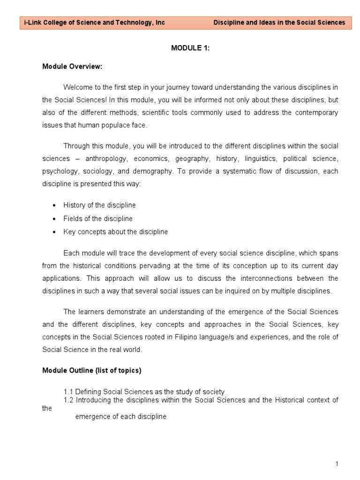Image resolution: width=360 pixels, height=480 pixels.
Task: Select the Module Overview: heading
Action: coord(72,67)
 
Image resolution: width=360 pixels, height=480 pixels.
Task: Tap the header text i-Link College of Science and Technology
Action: coord(92,22)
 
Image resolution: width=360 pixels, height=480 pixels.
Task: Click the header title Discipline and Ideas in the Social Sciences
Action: coord(279,22)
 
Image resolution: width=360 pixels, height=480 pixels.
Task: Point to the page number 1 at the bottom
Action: coord(337,464)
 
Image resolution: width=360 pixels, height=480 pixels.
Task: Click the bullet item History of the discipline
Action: coord(99,205)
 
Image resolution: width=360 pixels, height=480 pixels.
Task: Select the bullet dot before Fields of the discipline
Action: coord(54,219)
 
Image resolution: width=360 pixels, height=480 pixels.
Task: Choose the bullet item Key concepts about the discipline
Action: coord(115,232)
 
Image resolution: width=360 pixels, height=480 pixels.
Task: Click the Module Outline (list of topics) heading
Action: coord(92,370)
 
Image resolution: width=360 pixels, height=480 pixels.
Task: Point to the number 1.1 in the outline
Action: coord(68,391)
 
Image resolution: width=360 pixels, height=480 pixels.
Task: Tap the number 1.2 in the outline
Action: coord(68,400)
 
